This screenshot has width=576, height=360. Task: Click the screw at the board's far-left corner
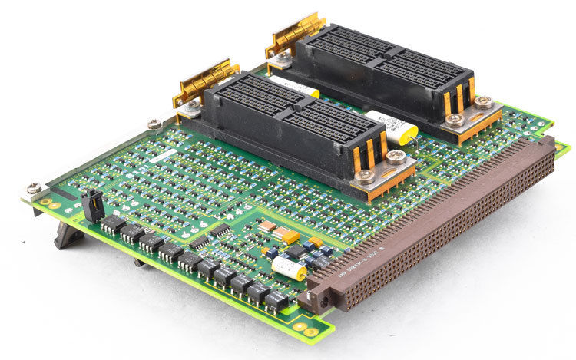[34, 188]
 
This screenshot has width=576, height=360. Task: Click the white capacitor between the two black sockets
[391, 124]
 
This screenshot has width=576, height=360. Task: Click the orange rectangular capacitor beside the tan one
[290, 236]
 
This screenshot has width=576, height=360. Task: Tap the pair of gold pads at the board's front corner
[310, 332]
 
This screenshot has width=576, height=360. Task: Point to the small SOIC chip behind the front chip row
[221, 230]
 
